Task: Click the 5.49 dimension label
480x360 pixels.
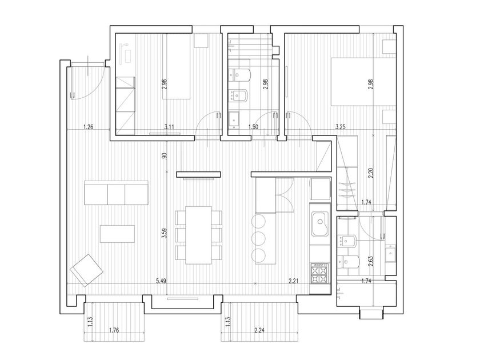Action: (161, 281)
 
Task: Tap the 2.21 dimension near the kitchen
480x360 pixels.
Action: (294, 281)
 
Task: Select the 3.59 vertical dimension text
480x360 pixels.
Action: (165, 234)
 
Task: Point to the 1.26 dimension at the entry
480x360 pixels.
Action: (88, 127)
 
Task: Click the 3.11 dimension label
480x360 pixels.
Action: (169, 127)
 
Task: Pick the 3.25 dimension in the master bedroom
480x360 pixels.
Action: (341, 127)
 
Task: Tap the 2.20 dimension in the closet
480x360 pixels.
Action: (371, 173)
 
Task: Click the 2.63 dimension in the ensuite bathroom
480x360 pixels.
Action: (371, 262)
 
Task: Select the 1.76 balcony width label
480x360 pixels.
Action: (114, 330)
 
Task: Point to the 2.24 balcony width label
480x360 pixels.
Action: (259, 330)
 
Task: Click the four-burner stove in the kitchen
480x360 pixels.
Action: (319, 273)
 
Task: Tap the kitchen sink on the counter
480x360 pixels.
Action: (320, 224)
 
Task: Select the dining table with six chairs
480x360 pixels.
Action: (198, 235)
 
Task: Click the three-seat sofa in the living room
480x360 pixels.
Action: (117, 193)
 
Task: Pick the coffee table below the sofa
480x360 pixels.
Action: (117, 234)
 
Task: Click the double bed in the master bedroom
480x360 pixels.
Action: (363, 82)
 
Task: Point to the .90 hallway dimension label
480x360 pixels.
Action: (165, 156)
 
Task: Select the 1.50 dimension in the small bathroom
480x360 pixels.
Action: (254, 127)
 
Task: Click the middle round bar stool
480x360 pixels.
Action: (259, 238)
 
